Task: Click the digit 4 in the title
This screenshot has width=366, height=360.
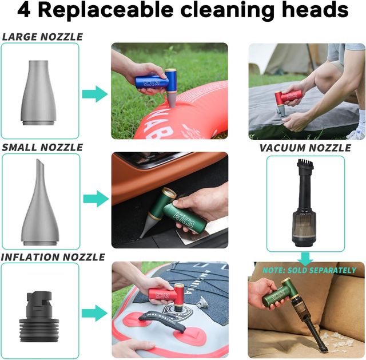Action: tap(24, 10)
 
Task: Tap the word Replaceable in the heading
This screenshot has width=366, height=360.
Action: tap(106, 10)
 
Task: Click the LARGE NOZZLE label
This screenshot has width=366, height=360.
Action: tap(42, 37)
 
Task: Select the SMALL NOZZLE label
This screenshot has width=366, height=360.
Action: tap(42, 148)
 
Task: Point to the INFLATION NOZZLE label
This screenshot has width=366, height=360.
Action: tap(53, 257)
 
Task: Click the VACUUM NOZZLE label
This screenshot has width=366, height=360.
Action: tap(305, 148)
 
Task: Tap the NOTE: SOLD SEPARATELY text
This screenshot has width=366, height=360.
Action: tap(309, 270)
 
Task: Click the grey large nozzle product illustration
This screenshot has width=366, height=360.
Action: tap(39, 93)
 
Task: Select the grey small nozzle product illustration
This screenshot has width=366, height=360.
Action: tap(40, 202)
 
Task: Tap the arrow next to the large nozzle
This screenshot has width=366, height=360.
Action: tap(95, 94)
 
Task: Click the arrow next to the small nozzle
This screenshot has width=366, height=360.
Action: tap(96, 199)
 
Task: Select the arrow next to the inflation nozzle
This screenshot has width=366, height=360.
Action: tap(94, 313)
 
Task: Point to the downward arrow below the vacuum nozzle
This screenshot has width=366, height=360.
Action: tap(305, 258)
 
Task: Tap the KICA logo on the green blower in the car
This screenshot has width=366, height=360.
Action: tap(184, 220)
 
